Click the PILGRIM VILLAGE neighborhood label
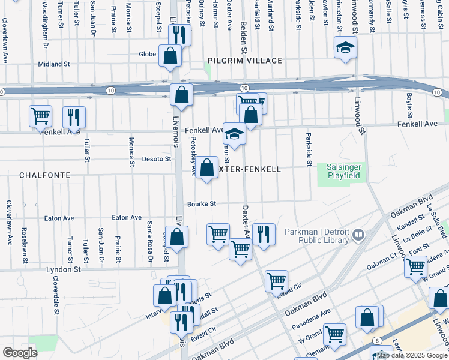pyautogui.click(x=245, y=61)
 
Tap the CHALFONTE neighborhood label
pyautogui.click(x=44, y=175)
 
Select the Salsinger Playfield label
pyautogui.click(x=343, y=172)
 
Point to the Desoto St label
pyautogui.click(x=156, y=159)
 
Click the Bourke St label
pyautogui.click(x=202, y=203)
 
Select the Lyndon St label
pyautogui.click(x=64, y=270)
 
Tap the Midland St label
pyautogui.click(x=54, y=64)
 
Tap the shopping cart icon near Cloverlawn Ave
pyautogui.click(x=40, y=116)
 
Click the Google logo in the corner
pyautogui.click(x=20, y=353)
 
